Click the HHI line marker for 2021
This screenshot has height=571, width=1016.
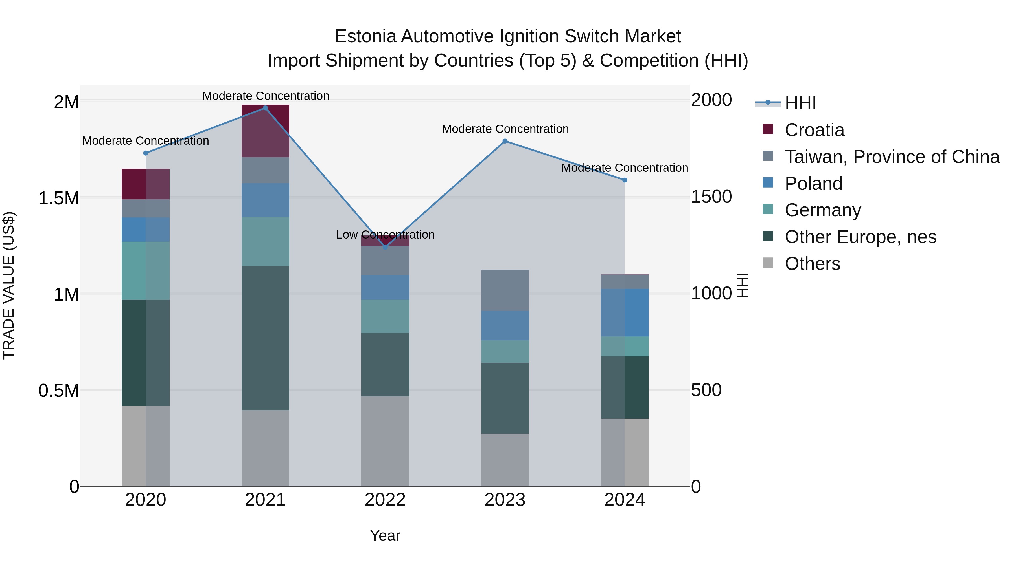point(266,108)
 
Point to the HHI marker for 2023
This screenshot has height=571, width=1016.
point(505,141)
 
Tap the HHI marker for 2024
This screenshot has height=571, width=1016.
point(625,180)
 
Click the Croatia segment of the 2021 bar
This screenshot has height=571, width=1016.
point(266,131)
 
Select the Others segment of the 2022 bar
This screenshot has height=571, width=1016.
point(385,441)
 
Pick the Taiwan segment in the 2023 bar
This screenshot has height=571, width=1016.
point(505,290)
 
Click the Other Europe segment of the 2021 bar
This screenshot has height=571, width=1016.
point(266,338)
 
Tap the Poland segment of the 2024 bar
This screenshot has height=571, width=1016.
point(625,312)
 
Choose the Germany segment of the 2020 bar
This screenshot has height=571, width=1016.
point(146,271)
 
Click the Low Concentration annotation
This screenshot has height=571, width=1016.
point(385,235)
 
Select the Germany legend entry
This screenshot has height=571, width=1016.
point(823,210)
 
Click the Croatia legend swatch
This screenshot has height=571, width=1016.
point(768,129)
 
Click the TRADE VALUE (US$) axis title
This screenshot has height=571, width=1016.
point(9,285)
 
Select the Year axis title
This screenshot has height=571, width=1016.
point(385,535)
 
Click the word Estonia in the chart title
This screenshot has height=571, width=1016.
point(365,37)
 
